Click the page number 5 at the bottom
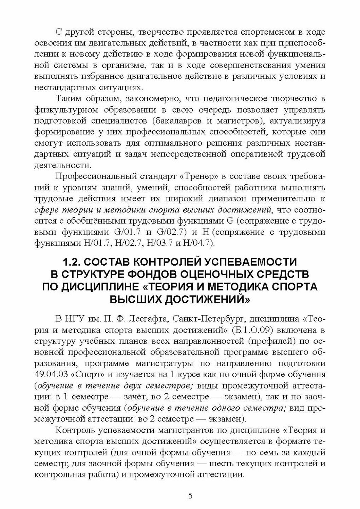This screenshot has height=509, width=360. tap(190, 495)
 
